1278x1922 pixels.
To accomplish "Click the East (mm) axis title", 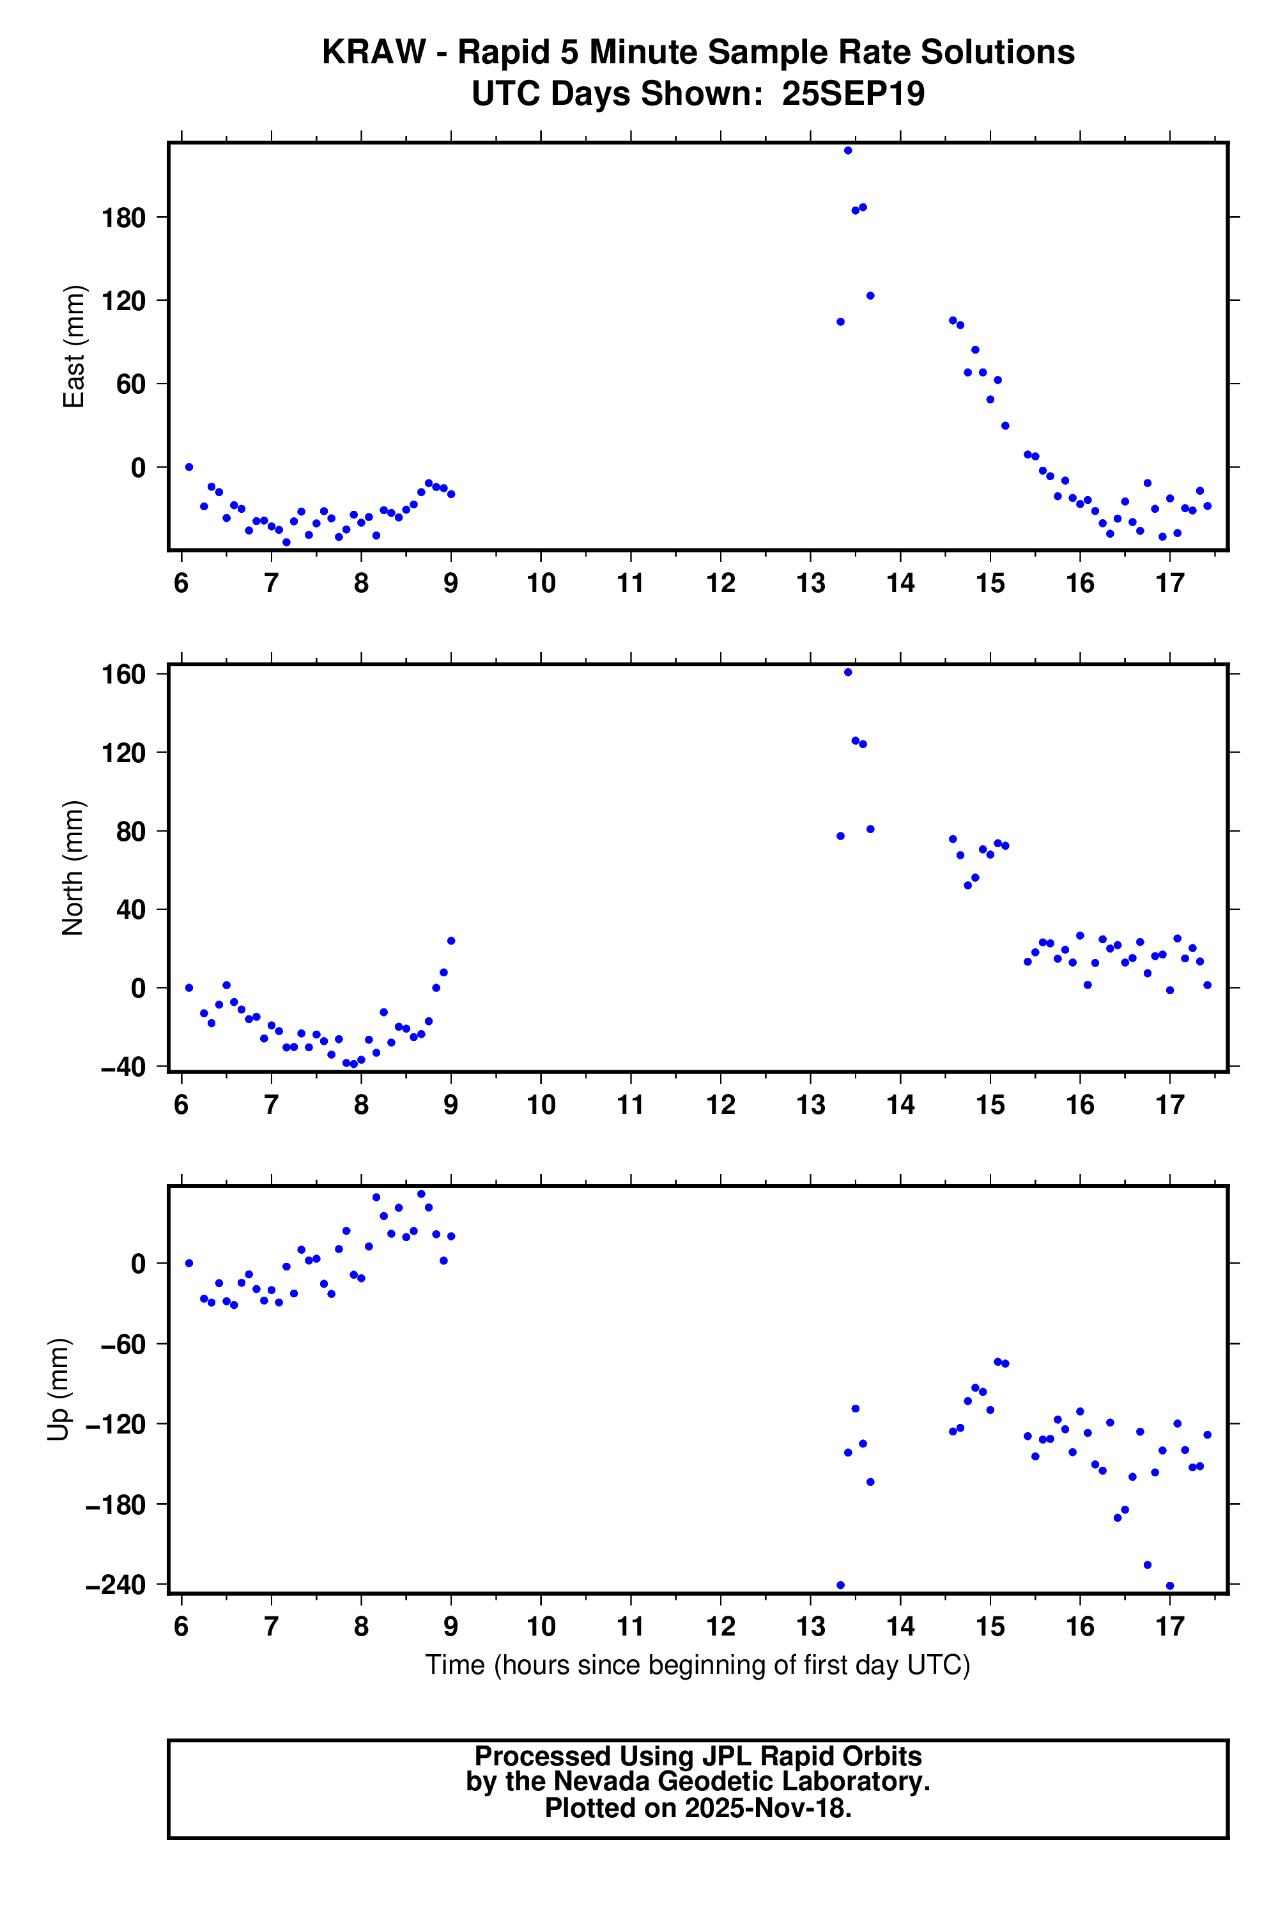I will coord(74,347).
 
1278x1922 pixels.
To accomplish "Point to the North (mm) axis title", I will coord(73,868).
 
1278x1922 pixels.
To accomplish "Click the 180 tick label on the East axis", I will coord(123,218).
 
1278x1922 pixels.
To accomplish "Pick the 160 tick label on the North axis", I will coord(123,675).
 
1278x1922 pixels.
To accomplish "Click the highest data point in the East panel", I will coord(848,151).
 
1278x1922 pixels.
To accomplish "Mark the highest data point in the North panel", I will coord(848,672).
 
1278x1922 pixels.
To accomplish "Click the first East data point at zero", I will coord(189,467).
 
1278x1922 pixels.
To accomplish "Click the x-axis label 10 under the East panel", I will coord(541,583).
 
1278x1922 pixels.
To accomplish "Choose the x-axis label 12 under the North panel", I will coord(721,1105).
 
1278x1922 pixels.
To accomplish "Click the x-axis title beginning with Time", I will coord(698,1664).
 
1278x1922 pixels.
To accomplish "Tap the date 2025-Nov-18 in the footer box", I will coord(768,1808).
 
